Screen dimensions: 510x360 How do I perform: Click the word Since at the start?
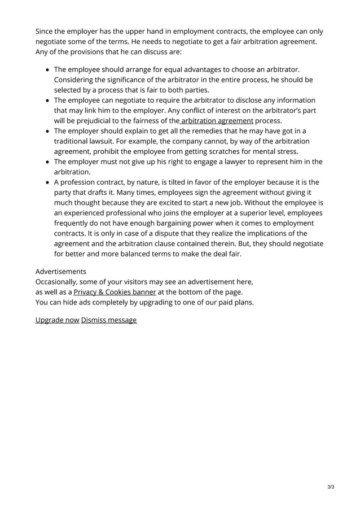coord(46,31)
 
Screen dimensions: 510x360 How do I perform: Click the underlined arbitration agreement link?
coord(217,120)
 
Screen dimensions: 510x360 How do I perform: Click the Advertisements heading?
coord(61,271)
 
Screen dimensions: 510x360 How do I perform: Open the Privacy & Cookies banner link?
coord(115,291)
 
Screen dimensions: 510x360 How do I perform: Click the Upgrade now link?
coord(57,320)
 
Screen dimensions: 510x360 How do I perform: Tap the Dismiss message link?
coord(109,320)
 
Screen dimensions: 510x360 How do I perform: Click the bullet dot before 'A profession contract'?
coord(47,182)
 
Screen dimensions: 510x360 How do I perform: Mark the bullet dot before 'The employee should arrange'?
coord(47,69)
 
